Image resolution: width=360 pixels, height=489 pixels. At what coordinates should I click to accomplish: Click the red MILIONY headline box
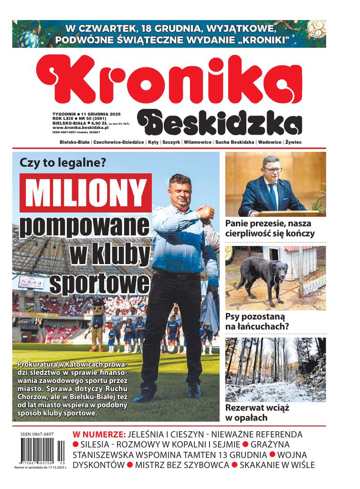click(x=85, y=193)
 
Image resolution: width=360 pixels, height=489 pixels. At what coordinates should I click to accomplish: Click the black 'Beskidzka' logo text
click(x=220, y=123)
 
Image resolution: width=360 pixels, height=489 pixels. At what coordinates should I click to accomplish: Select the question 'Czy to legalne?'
click(x=62, y=162)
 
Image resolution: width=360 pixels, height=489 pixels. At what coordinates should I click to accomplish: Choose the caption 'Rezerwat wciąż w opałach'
click(x=257, y=413)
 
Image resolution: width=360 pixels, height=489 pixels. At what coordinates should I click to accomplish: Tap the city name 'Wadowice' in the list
click(x=270, y=143)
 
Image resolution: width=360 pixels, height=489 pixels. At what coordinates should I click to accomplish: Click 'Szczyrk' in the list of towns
click(x=171, y=143)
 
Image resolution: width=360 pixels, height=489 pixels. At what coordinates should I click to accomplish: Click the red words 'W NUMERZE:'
click(x=99, y=435)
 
